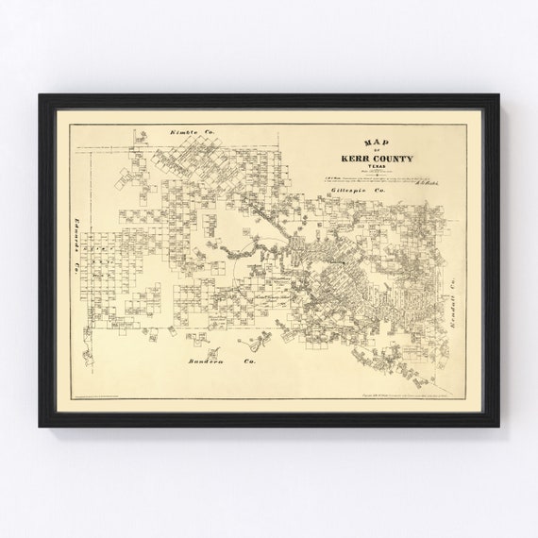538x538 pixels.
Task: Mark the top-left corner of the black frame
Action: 41,95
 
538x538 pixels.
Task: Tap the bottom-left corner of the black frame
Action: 41,426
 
